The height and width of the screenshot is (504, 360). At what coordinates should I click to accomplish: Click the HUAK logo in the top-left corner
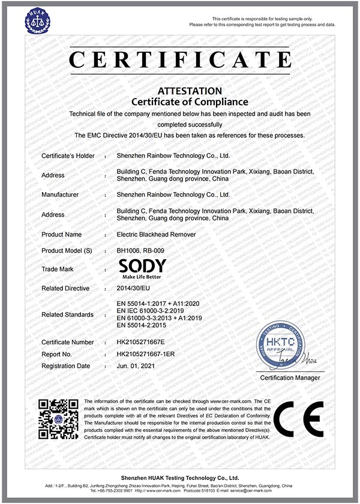pyautogui.click(x=37, y=20)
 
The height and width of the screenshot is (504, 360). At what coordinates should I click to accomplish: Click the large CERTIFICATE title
pyautogui.click(x=180, y=61)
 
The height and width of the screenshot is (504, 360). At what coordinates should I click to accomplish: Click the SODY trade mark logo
pyautogui.click(x=143, y=268)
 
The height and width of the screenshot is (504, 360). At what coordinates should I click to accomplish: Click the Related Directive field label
pyautogui.click(x=65, y=289)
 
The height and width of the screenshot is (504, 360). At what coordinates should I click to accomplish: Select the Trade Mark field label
pyautogui.click(x=58, y=269)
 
